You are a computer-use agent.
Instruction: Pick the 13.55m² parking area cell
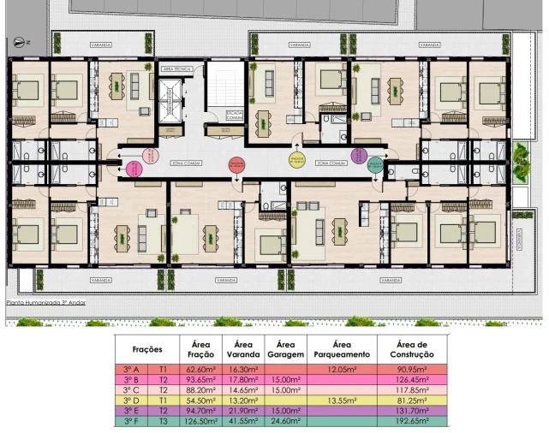[x=342, y=400]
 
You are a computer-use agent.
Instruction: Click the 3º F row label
[x=131, y=421]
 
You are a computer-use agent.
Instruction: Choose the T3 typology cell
[x=163, y=421]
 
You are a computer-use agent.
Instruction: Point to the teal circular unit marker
[x=374, y=166]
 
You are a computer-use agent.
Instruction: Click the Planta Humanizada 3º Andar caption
[x=48, y=302]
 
